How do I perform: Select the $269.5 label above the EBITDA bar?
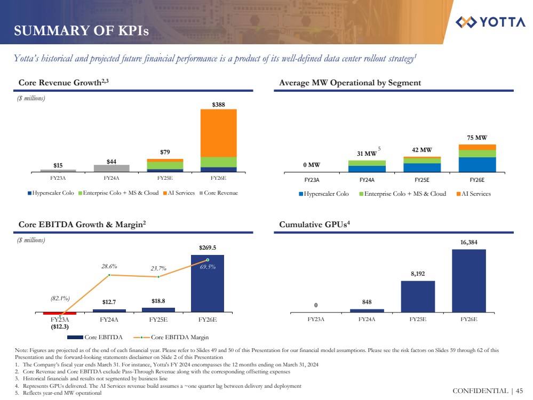(207, 247)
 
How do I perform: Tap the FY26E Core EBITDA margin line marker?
(207, 260)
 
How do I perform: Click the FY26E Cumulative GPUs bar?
(468, 281)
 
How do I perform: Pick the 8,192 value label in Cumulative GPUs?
(418, 274)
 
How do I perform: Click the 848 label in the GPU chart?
(367, 302)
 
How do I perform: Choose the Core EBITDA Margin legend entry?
(176, 337)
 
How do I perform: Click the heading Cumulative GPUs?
(314, 225)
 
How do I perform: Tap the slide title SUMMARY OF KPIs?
(82, 31)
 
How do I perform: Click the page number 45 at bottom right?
(519, 391)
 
